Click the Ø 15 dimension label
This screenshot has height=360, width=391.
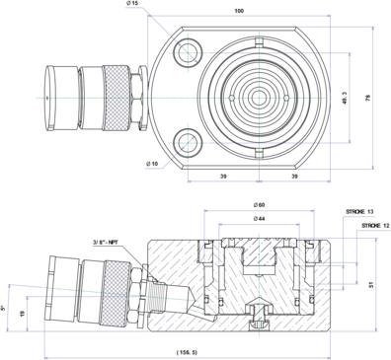coord(132,3)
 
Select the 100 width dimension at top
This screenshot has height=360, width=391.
coord(239,11)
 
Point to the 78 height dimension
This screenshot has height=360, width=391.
coord(368,98)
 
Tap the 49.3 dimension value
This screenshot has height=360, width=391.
coord(345,98)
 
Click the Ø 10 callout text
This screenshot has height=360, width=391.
coord(152,164)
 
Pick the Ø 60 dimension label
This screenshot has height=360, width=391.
coord(259,205)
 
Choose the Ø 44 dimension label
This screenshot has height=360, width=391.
coord(259,219)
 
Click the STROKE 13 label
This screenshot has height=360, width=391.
coord(359,212)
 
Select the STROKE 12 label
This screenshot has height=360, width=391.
coord(375,226)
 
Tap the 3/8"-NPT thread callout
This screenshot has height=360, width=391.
coord(106,243)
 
